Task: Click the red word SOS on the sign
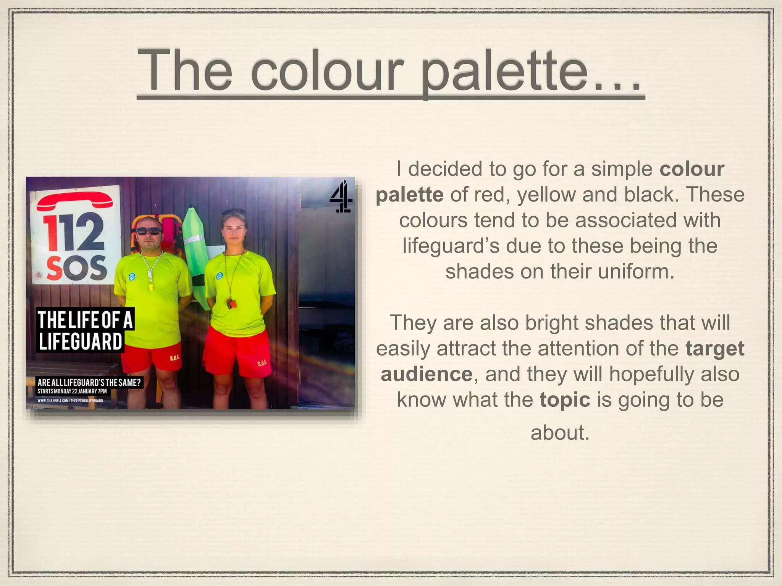click(x=77, y=267)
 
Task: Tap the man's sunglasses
click(x=148, y=231)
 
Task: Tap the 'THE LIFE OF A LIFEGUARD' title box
click(x=85, y=330)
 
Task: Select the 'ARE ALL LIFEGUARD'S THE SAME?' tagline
click(x=89, y=382)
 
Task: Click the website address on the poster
click(x=70, y=401)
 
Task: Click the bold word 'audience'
click(x=427, y=374)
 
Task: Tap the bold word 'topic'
click(x=565, y=399)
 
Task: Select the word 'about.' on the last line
click(x=560, y=433)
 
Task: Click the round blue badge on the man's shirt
click(x=132, y=275)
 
